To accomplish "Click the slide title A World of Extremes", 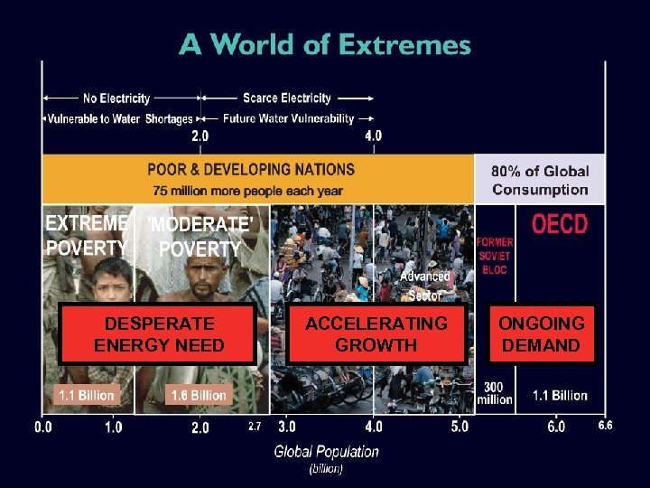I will point(325,44).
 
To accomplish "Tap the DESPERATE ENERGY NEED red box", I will point(159,334).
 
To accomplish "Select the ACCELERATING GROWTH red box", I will point(376,334).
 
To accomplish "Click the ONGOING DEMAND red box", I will point(541,334).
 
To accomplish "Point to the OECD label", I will point(559,224).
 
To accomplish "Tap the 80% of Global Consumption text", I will point(540,180).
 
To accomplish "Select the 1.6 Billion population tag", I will point(198,395).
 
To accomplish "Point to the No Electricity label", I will point(116,98).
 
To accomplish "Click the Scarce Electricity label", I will point(287,98).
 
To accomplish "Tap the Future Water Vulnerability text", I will point(289,118).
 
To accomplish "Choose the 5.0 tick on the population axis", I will point(460,426).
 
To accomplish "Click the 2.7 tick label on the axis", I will point(255,426).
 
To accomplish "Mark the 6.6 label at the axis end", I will point(605,425).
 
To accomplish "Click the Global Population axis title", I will point(327,452).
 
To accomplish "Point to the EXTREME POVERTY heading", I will point(87,235).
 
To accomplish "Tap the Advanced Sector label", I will point(424,286).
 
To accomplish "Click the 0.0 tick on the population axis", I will point(43,427).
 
